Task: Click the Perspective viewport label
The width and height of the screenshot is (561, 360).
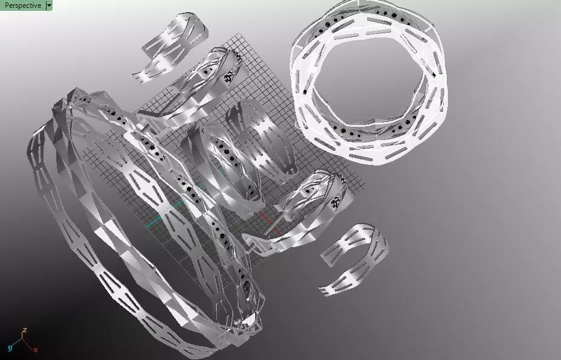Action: [22, 5]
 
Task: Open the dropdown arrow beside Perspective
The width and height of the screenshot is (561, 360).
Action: [49, 5]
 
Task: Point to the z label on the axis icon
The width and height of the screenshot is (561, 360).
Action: [25, 330]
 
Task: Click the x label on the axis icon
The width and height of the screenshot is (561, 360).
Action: [36, 350]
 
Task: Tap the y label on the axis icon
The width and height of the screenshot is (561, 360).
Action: [10, 348]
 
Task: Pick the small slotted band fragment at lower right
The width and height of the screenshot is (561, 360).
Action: [354, 257]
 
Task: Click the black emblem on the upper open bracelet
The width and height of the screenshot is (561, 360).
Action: [230, 77]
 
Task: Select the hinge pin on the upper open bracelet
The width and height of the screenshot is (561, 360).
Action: [241, 58]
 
